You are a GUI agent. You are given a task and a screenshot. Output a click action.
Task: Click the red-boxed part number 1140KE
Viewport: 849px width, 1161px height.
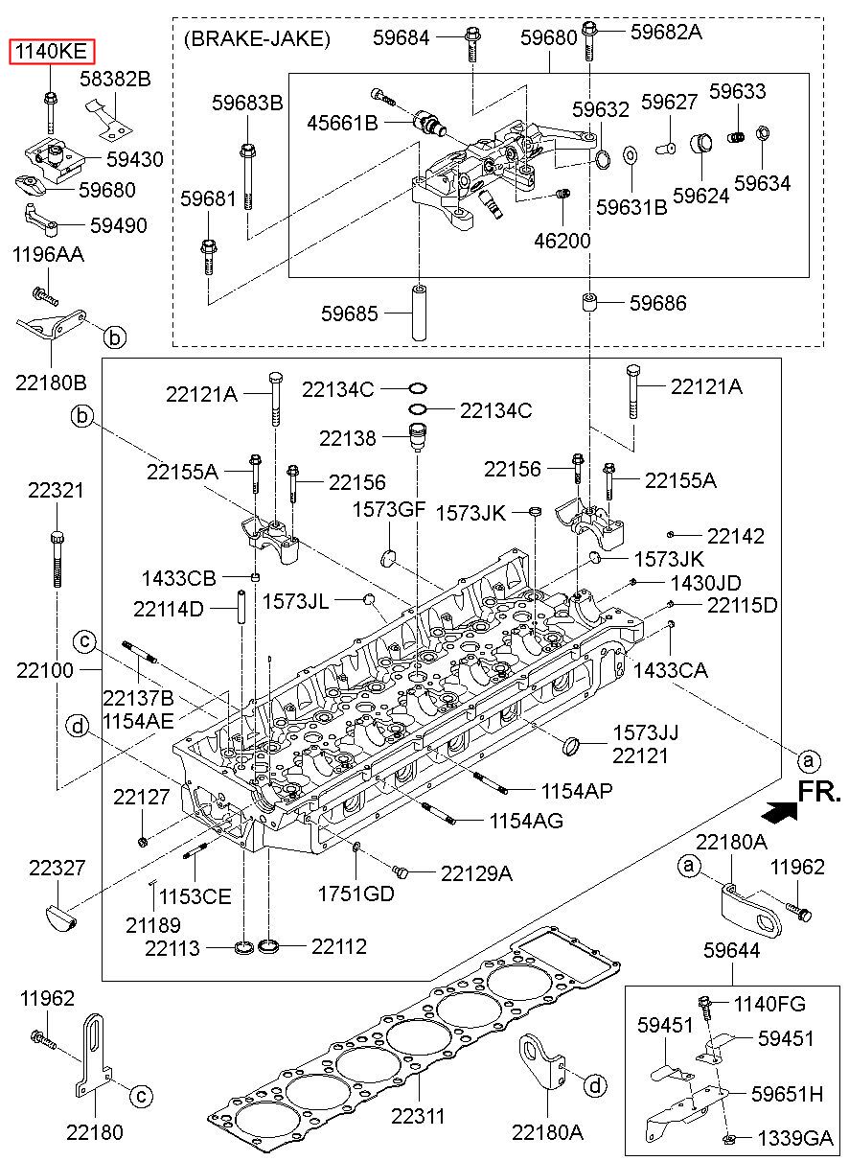(x=52, y=52)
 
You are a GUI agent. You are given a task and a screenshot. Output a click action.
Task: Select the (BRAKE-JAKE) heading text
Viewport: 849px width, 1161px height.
(x=257, y=39)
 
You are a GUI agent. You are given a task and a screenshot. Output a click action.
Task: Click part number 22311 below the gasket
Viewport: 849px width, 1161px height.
(x=418, y=1115)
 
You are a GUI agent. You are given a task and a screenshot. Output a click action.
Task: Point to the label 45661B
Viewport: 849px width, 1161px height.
(x=342, y=124)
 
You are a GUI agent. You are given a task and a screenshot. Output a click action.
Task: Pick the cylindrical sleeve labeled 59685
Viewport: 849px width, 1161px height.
(x=419, y=312)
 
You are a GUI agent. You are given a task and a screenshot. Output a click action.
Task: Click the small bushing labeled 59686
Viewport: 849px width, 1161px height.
(x=590, y=302)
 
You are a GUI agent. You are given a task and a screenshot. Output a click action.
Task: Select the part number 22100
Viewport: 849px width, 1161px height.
(x=44, y=670)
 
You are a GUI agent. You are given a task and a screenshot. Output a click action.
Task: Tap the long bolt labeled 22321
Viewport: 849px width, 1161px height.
(x=57, y=558)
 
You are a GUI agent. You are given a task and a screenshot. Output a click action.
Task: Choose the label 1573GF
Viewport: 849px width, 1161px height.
(x=388, y=509)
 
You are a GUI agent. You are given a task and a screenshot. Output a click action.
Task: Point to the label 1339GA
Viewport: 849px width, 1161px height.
(x=795, y=1138)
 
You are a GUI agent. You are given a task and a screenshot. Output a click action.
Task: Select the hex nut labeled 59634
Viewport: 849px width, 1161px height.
(x=762, y=134)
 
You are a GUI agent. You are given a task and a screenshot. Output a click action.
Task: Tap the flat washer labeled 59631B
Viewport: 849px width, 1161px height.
(x=630, y=154)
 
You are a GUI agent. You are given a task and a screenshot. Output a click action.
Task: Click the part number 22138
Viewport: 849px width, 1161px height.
(x=347, y=438)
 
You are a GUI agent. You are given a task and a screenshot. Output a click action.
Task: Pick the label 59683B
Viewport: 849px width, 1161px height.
(x=247, y=103)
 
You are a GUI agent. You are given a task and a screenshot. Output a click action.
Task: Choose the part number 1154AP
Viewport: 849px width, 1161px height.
(x=577, y=791)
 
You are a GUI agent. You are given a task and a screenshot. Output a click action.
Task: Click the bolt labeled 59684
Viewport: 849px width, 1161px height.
(x=471, y=44)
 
